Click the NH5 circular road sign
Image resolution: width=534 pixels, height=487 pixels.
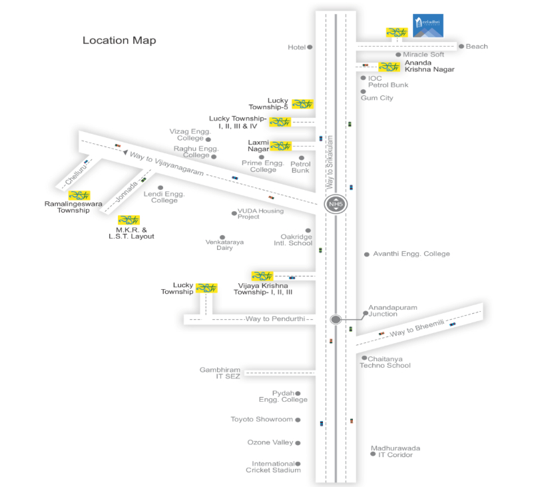point(336,203)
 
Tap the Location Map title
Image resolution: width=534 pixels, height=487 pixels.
point(119,41)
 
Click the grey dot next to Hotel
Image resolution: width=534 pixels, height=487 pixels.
point(310,47)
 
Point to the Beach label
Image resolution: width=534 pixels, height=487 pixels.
point(477,47)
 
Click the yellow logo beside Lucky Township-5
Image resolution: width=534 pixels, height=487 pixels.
point(302,104)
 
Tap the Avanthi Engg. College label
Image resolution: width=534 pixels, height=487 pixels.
point(411,254)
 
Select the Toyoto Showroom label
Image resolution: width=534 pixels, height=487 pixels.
point(262,420)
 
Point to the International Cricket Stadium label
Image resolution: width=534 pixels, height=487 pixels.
point(273,467)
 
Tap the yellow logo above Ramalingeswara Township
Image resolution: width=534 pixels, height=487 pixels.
point(79,195)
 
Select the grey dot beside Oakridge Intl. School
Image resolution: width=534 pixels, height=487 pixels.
point(308,231)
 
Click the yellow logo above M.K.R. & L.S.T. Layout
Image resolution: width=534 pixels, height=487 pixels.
point(129,220)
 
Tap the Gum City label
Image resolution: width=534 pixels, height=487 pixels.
point(377,98)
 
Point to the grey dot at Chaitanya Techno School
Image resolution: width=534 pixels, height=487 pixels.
point(364,358)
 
